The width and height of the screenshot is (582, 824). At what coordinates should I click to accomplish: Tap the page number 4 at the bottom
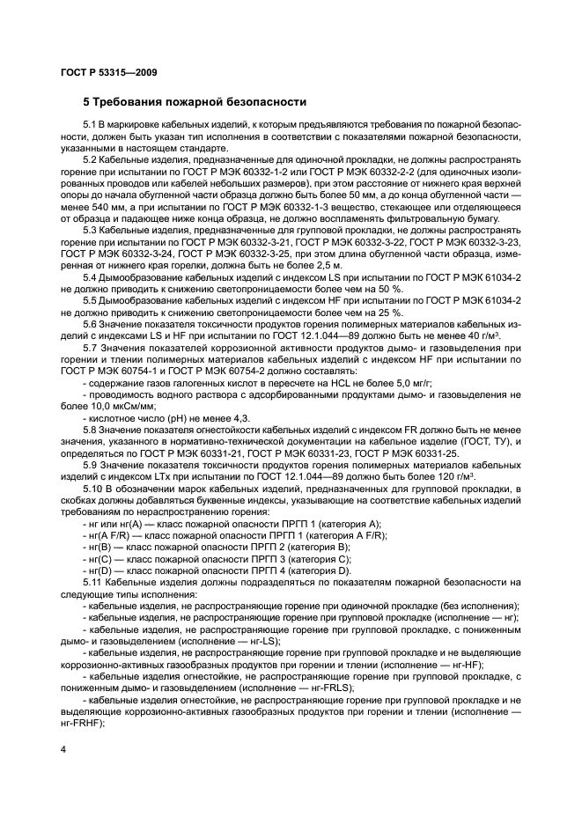pos(63,748)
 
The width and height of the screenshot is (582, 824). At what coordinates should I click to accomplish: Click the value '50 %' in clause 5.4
pos(389,289)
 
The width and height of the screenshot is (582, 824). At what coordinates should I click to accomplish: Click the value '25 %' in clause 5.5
pos(389,312)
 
